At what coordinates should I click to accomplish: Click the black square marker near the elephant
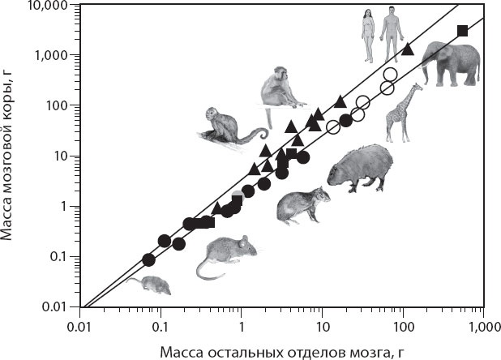click(462, 31)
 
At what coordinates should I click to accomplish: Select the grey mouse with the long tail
click(226, 255)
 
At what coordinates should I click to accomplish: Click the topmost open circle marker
click(390, 75)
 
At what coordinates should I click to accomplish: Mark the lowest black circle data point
click(148, 259)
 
